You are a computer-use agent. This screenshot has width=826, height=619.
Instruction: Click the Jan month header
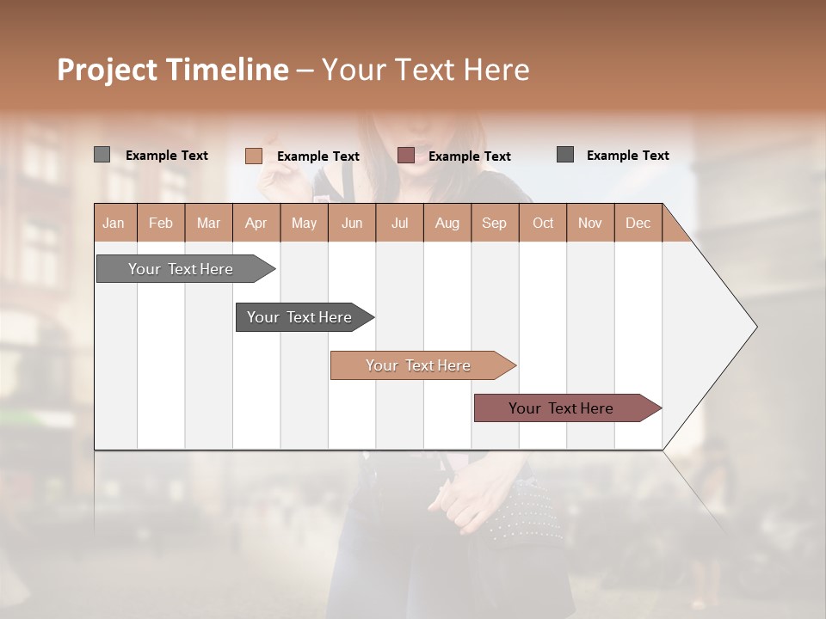114,223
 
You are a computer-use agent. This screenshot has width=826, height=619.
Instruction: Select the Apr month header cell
256,223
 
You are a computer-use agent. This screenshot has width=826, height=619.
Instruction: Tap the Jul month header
399,223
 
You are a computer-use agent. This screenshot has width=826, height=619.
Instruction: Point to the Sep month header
494,223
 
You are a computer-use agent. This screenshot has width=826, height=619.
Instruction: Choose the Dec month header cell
638,223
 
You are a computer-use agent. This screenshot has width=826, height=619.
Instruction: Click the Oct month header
543,223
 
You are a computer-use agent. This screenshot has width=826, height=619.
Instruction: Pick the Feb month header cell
161,223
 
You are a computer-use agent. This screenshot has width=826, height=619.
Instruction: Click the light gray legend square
102,155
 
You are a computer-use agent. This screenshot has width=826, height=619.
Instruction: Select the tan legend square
253,156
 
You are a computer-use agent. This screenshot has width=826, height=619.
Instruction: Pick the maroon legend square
406,156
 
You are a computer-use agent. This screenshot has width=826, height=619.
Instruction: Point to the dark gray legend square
565,155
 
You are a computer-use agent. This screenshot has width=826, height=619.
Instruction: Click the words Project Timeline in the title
172,70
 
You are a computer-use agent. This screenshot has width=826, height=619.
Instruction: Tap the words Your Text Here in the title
425,70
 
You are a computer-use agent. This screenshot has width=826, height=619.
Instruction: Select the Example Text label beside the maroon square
469,156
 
